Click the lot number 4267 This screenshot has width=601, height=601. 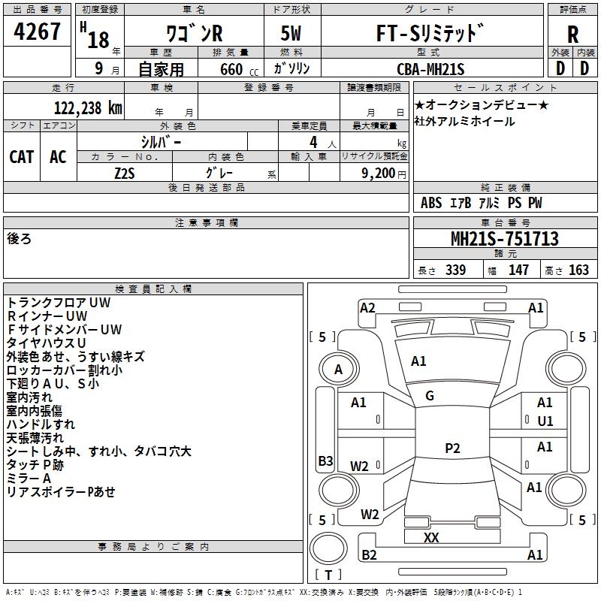tap(38, 33)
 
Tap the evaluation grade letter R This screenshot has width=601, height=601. tap(572, 35)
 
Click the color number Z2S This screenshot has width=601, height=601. tap(125, 172)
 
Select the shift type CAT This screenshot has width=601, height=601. tap(22, 156)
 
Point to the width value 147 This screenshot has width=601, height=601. tap(518, 270)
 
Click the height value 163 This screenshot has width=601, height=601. tap(578, 270)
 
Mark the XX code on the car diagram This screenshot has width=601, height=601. tap(431, 538)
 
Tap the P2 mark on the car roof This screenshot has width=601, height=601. tap(452, 448)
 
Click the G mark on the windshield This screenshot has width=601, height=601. tap(430, 396)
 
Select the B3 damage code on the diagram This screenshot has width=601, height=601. tap(325, 461)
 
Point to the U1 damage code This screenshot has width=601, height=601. tap(545, 421)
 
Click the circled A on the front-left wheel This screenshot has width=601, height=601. tap(338, 369)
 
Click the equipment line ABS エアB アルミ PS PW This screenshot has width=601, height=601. tap(481, 203)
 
